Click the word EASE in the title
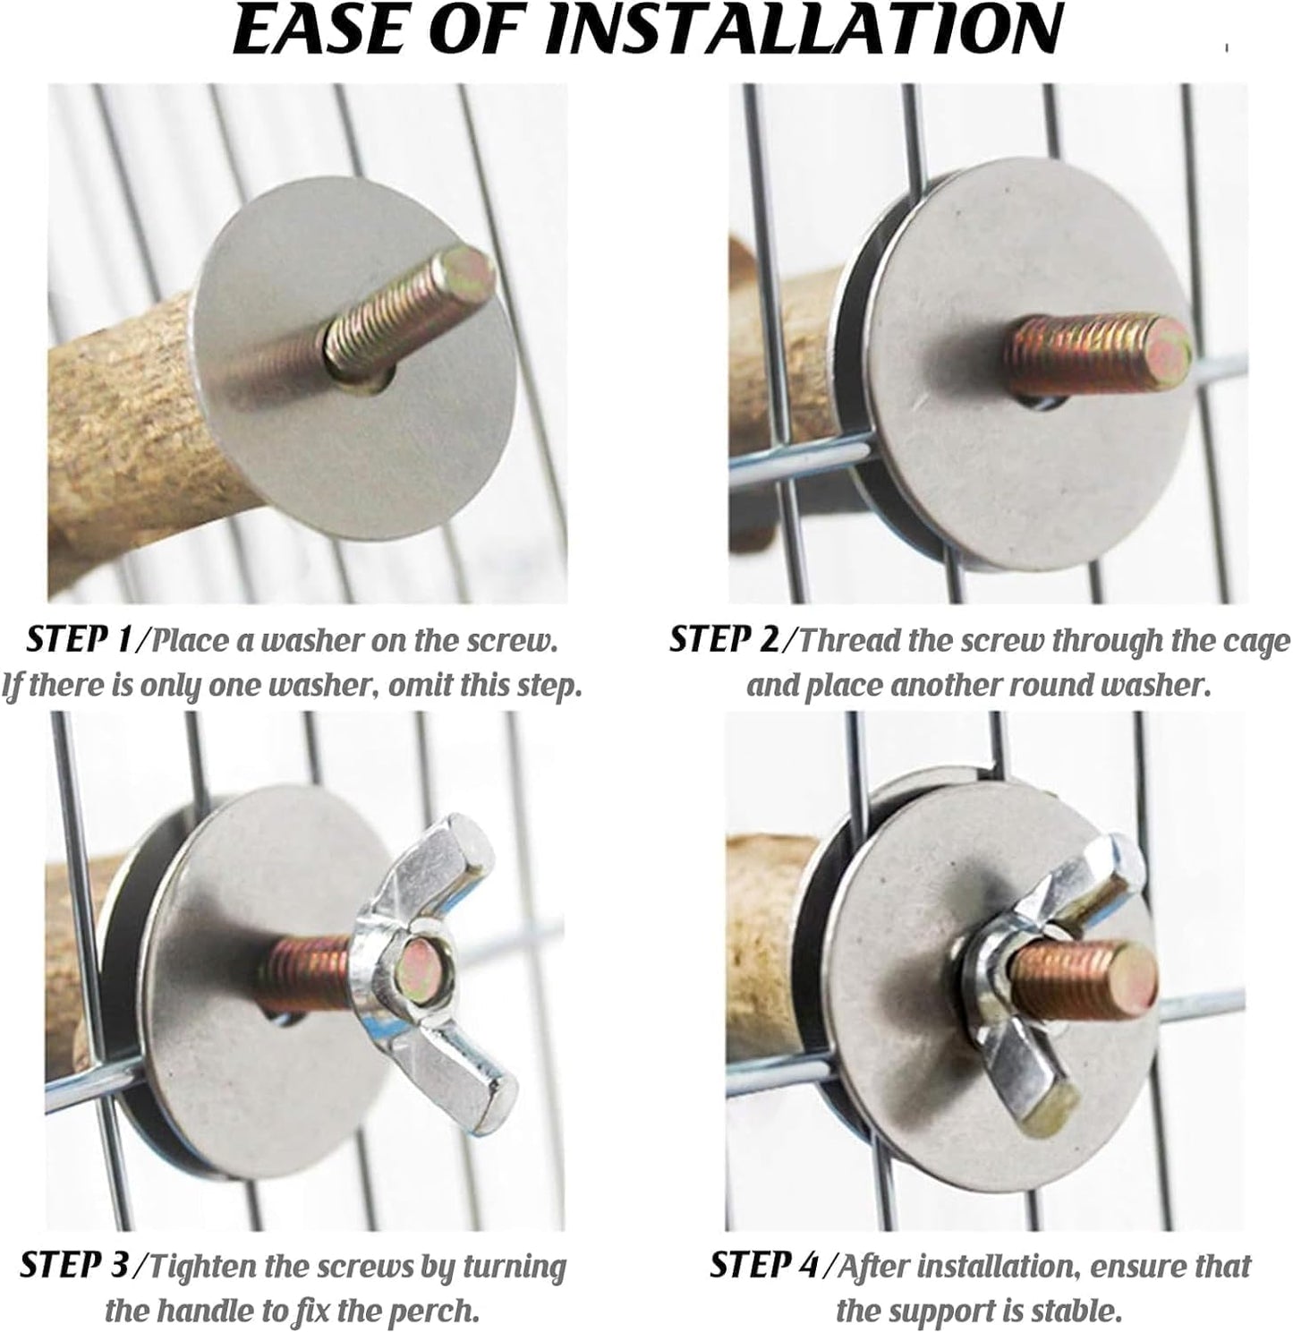pos(319,30)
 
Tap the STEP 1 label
pos(79,640)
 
